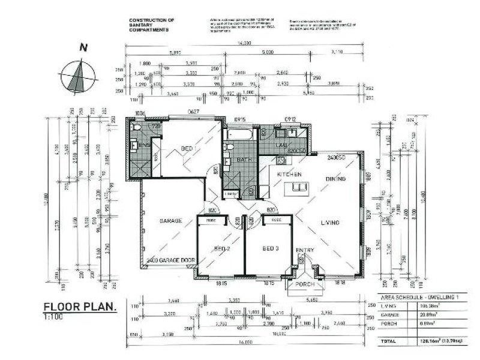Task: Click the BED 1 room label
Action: (188, 148)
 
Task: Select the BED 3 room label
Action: (271, 248)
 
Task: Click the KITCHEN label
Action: (289, 174)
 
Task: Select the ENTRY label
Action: (304, 250)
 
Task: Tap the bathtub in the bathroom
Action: (239, 134)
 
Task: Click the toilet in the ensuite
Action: (137, 128)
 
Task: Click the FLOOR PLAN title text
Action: (79, 307)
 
